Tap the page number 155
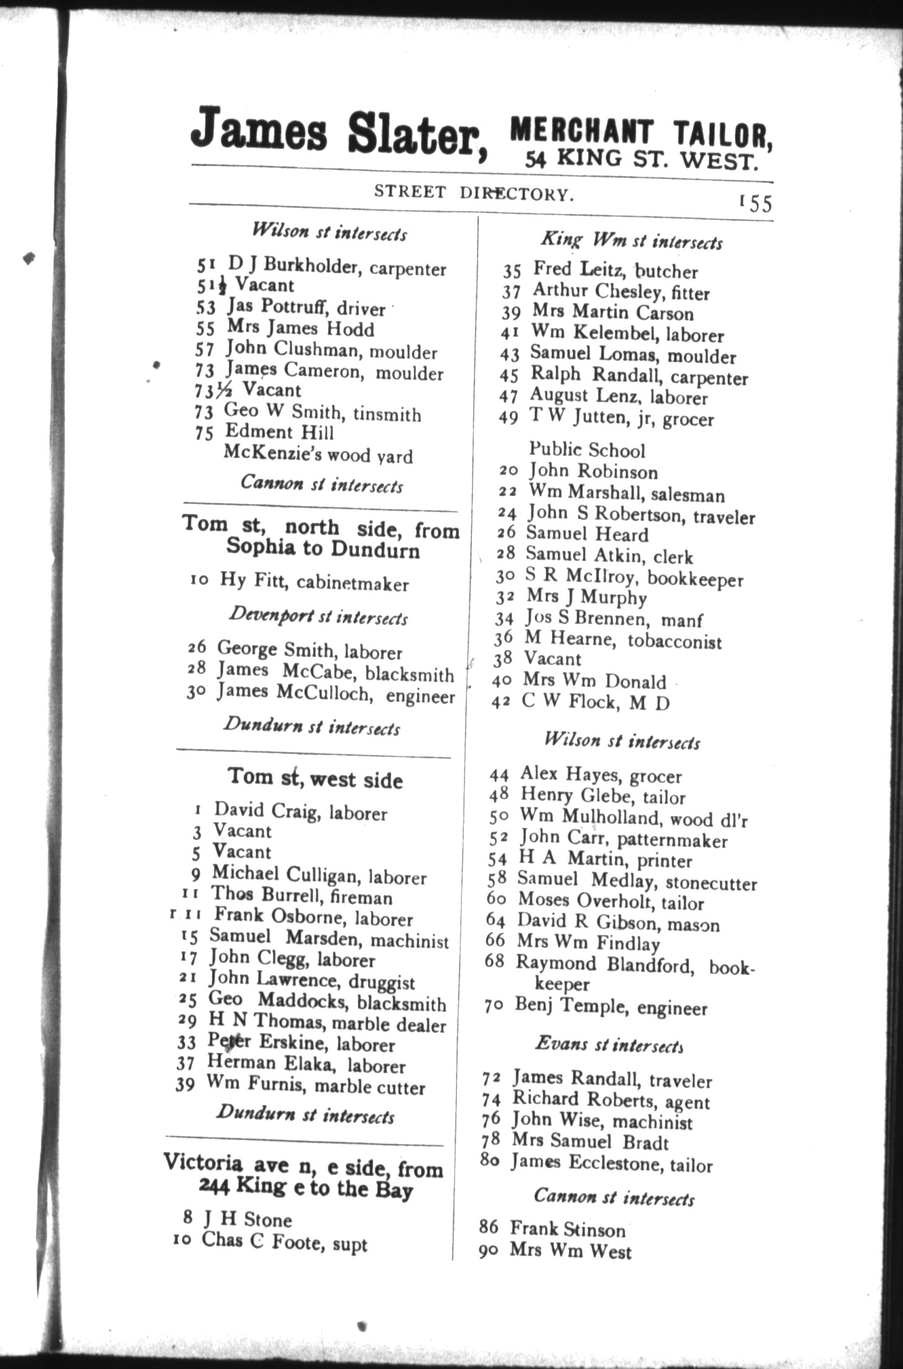[x=755, y=203]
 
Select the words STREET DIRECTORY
[x=474, y=193]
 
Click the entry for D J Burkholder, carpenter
[x=337, y=267]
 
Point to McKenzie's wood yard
[x=318, y=454]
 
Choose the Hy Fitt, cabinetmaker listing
[x=314, y=582]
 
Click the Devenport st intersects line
[x=318, y=616]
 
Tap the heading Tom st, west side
[x=315, y=778]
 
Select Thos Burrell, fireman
[x=302, y=895]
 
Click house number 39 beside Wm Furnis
[x=185, y=1084]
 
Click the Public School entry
[x=587, y=450]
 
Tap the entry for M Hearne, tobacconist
[x=623, y=639]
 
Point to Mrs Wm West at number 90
[x=570, y=1251]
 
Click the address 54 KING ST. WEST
[x=642, y=160]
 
